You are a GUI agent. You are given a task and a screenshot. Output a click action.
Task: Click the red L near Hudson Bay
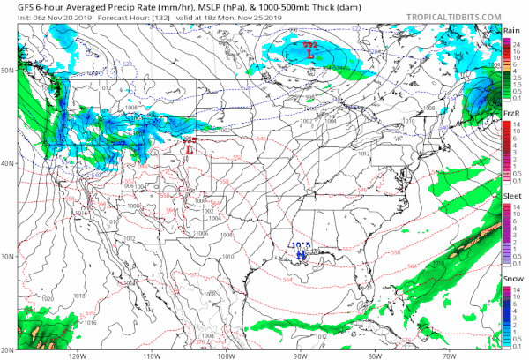[x=309, y=54]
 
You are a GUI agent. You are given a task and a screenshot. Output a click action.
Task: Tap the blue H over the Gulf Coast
[x=302, y=254]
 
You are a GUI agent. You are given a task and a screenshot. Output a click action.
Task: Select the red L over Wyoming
[x=190, y=148]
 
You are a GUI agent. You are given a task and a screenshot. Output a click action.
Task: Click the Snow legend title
[x=510, y=281]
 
